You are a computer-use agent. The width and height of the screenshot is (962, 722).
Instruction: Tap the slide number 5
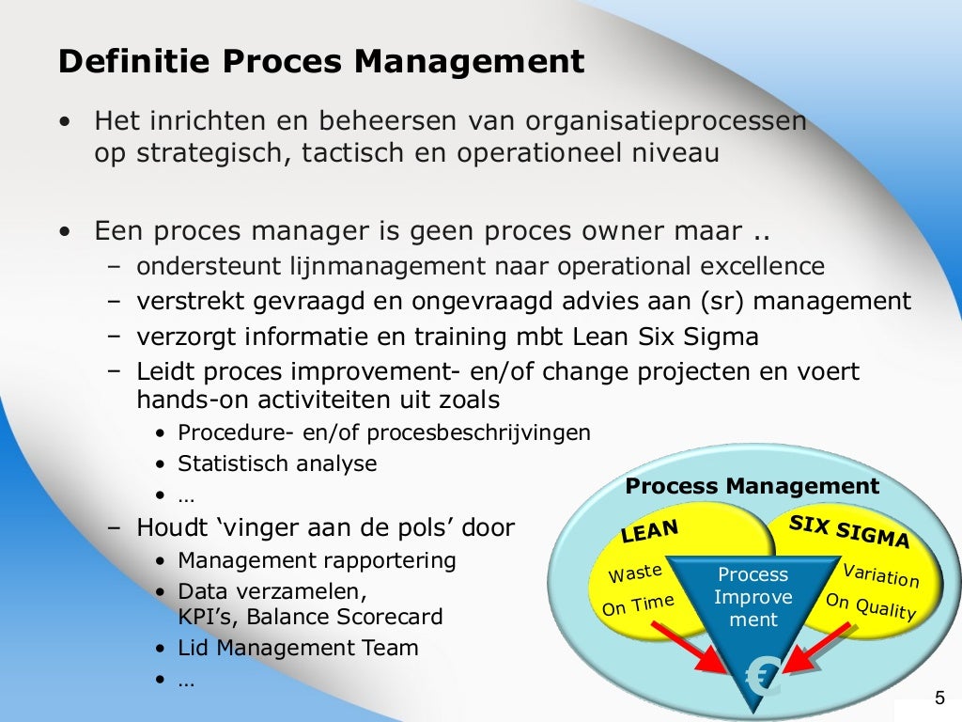point(939,698)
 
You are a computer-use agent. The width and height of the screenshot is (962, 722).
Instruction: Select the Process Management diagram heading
point(752,486)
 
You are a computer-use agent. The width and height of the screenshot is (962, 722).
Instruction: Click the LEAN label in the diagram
point(649,531)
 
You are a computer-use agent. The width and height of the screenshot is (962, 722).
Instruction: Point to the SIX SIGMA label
point(849,532)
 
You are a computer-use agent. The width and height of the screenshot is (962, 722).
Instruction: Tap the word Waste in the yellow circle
point(635,573)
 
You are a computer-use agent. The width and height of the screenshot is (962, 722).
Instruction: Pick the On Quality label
point(870,606)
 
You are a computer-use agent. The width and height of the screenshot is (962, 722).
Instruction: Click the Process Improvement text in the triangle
point(753,597)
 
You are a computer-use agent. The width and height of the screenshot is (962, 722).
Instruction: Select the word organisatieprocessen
point(666,122)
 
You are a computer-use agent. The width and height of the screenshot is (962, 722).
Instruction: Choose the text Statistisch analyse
point(277,463)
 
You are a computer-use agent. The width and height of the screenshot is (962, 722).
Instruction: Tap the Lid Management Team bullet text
point(298,648)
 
